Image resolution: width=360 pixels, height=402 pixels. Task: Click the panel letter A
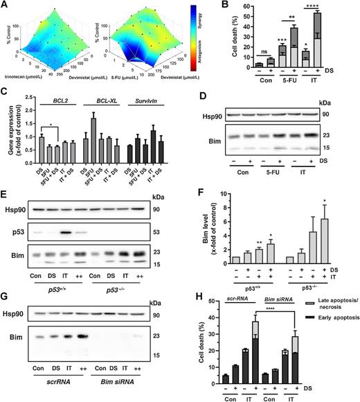5,6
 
